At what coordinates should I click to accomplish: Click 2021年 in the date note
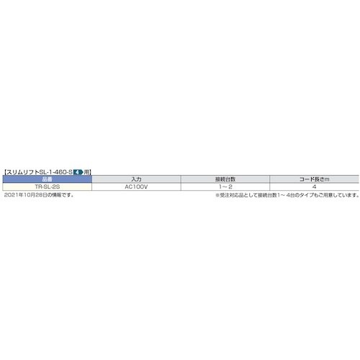tap(12, 194)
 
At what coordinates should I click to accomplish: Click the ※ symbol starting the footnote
tap(216, 194)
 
